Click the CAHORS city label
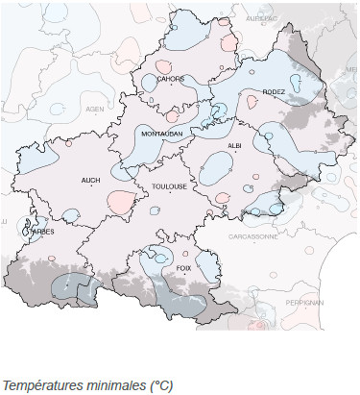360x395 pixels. tap(171, 79)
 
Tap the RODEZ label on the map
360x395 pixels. tap(275, 91)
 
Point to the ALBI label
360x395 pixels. tap(234, 145)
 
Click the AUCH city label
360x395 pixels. tap(91, 180)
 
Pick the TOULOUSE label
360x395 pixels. tap(169, 187)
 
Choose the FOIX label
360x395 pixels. tap(184, 268)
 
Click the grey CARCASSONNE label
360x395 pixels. tap(253, 235)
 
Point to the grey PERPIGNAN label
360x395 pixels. tap(305, 302)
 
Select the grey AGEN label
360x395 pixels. tap(95, 110)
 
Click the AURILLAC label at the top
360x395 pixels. tap(260, 18)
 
